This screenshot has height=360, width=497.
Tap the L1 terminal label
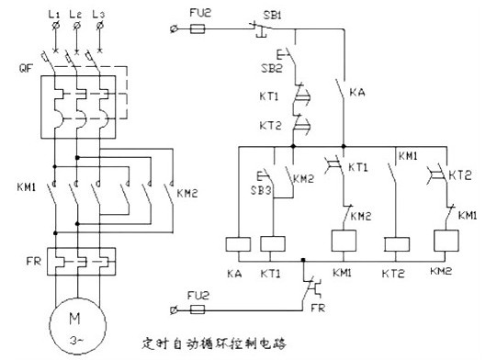click(54, 14)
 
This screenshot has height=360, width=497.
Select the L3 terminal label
click(98, 15)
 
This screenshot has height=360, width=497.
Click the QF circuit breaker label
click(26, 68)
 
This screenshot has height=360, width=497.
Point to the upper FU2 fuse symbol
click(198, 29)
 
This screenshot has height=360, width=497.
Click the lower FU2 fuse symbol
click(198, 309)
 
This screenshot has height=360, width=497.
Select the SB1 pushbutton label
click(272, 15)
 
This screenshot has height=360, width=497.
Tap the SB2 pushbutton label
click(272, 68)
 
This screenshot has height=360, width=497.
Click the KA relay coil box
click(238, 244)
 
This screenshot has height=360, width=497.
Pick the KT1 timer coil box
click(273, 244)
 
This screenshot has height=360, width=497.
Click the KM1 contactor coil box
click(344, 241)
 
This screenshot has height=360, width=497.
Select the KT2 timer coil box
click(397, 244)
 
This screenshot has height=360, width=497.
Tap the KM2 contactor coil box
click(446, 241)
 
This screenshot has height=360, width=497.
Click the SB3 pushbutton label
click(261, 190)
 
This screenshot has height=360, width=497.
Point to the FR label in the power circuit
click(34, 262)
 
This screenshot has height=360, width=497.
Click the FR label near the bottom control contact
click(318, 308)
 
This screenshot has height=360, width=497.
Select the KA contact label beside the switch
click(357, 92)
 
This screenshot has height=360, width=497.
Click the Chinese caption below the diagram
click(214, 343)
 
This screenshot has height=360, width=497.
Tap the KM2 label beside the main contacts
click(187, 193)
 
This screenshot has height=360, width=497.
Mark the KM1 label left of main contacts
click(27, 187)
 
